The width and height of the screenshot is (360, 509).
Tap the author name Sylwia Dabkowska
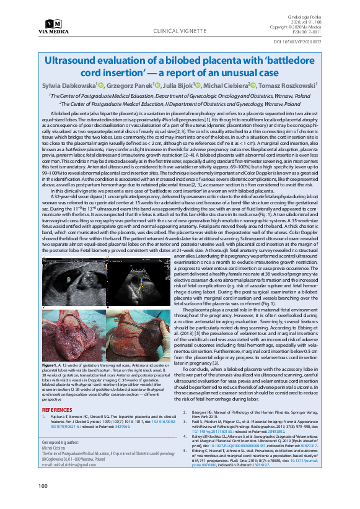(x=68, y=85)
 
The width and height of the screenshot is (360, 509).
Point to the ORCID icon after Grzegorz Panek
(x=158, y=85)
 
